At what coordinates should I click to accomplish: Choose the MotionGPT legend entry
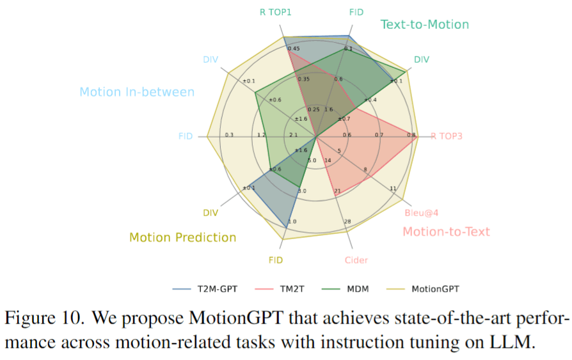(x=434, y=288)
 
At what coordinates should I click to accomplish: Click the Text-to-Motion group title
(x=424, y=24)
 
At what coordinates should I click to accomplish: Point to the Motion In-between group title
(x=137, y=92)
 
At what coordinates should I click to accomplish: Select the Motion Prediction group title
(x=182, y=237)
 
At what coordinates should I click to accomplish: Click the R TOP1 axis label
(x=276, y=12)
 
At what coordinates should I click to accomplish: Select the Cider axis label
(x=356, y=260)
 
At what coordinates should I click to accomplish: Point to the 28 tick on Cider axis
(x=347, y=222)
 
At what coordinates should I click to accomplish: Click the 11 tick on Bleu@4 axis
(x=393, y=189)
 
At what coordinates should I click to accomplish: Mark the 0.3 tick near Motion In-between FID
(x=229, y=135)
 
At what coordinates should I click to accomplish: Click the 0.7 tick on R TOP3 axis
(x=379, y=135)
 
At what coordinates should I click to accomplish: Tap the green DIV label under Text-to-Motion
(x=422, y=59)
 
